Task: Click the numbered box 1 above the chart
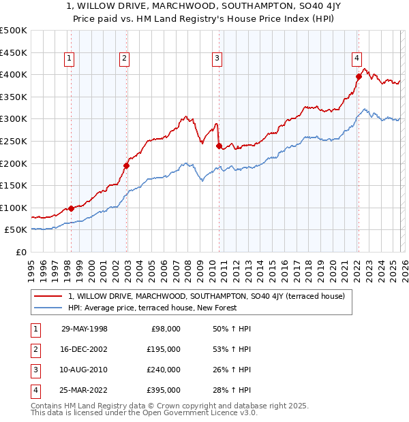pyautogui.click(x=70, y=59)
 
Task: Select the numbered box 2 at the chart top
pyautogui.click(x=125, y=59)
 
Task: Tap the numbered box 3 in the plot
pyautogui.click(x=217, y=59)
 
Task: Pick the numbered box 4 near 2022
pyautogui.click(x=357, y=59)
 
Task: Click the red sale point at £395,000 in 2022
pyautogui.click(x=358, y=77)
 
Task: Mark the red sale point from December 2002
pyautogui.click(x=126, y=165)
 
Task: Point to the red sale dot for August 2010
pyautogui.click(x=219, y=146)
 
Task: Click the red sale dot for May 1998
pyautogui.click(x=71, y=208)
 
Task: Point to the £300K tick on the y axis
pyautogui.click(x=14, y=119)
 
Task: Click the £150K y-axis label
pyautogui.click(x=14, y=185)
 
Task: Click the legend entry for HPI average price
pyautogui.click(x=152, y=308)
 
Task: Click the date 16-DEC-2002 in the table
pyautogui.click(x=85, y=349)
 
